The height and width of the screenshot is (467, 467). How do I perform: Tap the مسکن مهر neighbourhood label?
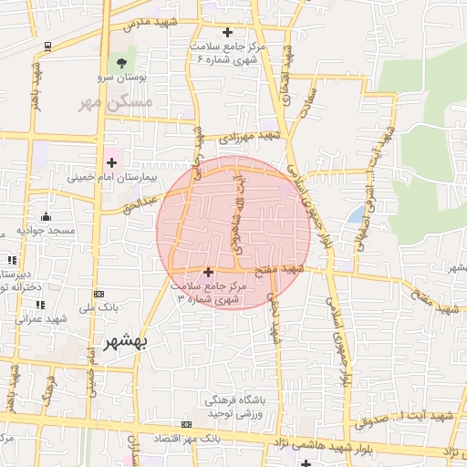point(113,104)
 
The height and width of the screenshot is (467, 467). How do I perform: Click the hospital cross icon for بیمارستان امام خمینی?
point(111,162)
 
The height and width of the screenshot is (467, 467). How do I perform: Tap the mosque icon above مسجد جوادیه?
point(46,216)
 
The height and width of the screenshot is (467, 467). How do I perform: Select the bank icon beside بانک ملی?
point(98,294)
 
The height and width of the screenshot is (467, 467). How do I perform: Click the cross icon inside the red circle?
point(209,271)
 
